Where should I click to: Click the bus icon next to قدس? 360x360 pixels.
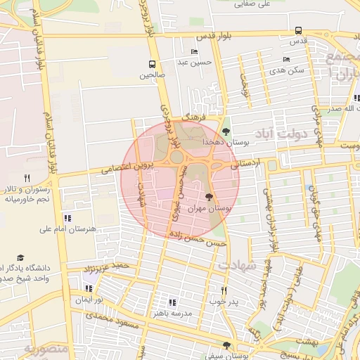(x=299, y=31)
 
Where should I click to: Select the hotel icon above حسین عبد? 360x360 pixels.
(x=194, y=52)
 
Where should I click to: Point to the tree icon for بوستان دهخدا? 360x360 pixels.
(x=226, y=131)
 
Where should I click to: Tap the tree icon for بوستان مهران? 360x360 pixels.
(x=208, y=198)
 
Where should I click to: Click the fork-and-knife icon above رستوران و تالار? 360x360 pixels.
(x=27, y=178)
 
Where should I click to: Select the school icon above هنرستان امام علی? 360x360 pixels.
(x=67, y=218)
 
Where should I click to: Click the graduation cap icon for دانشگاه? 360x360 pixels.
(x=20, y=258)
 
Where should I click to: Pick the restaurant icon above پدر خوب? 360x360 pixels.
(x=224, y=290)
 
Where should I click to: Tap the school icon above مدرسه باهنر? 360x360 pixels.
(x=172, y=302)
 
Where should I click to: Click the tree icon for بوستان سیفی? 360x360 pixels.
(x=226, y=345)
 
